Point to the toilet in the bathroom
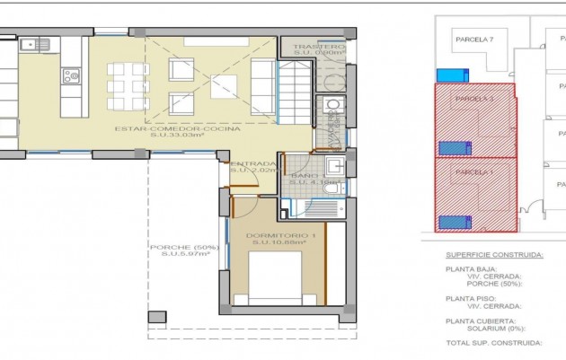[331, 188]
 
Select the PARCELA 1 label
[474, 171]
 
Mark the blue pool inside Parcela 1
[450, 222]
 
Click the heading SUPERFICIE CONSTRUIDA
[494, 254]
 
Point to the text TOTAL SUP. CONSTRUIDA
[493, 342]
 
